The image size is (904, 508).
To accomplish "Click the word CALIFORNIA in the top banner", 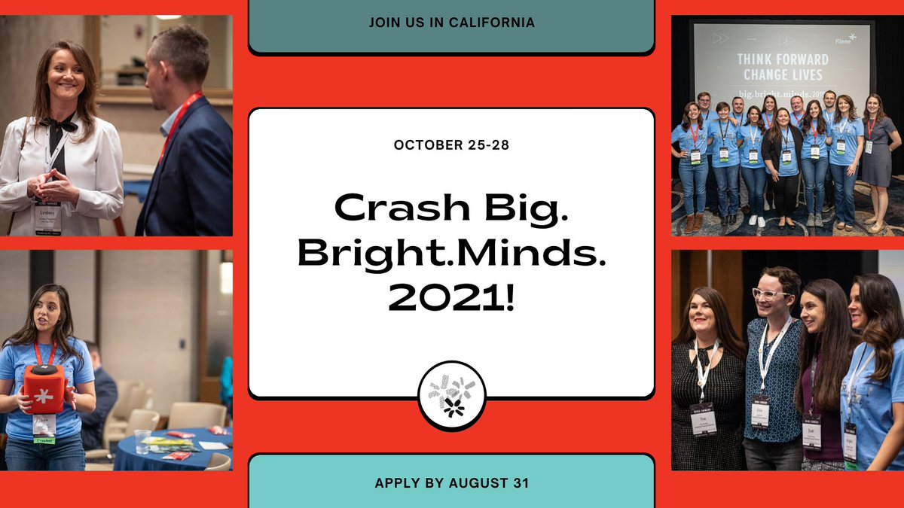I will (495, 23).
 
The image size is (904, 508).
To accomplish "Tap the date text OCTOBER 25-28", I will (451, 144).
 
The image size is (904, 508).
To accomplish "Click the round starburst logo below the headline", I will (451, 396).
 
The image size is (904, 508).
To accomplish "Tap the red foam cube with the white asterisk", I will (44, 388).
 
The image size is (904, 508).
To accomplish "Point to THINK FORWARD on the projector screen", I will (782, 59).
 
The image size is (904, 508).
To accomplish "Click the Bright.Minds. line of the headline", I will (451, 253).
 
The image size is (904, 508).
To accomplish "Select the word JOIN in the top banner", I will (384, 23).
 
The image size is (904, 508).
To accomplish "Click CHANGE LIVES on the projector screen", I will (782, 75).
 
